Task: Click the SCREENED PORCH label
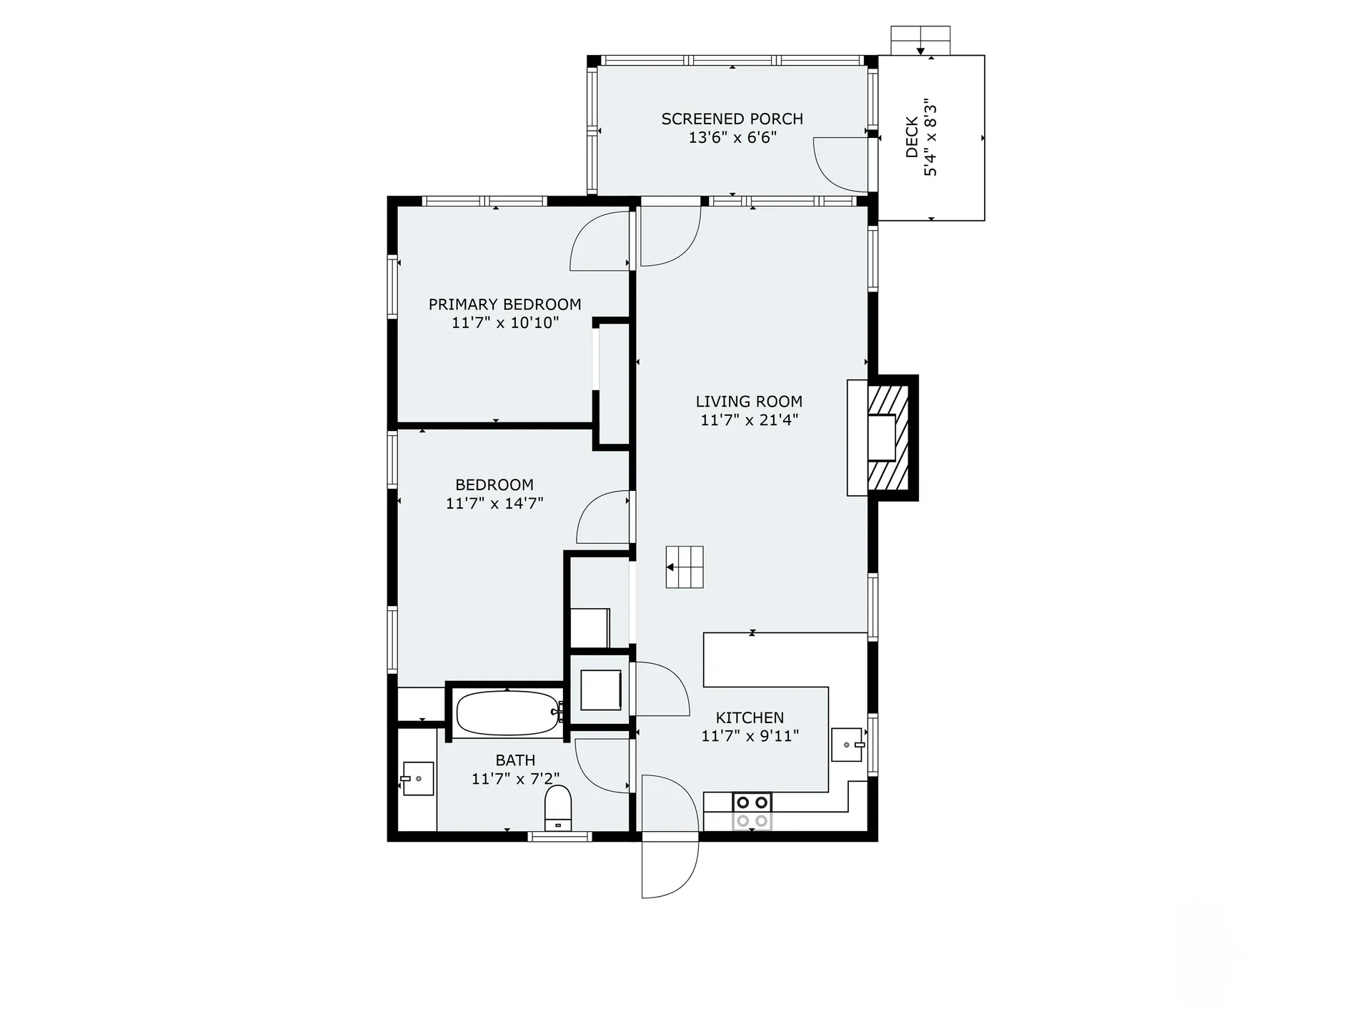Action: click(732, 119)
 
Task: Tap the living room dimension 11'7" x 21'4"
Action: click(749, 420)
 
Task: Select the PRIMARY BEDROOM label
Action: click(504, 304)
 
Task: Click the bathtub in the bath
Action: click(507, 712)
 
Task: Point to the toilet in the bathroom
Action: click(558, 807)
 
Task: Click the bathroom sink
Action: click(418, 778)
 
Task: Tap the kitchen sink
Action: click(847, 745)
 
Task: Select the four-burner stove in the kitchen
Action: click(752, 812)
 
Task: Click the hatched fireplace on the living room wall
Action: click(888, 437)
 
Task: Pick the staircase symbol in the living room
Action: click(685, 567)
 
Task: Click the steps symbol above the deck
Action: click(920, 40)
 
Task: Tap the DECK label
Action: click(912, 137)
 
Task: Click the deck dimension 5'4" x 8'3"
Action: click(930, 137)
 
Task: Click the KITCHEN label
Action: click(750, 717)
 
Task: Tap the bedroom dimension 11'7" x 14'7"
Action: click(494, 503)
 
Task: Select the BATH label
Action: click(515, 760)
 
